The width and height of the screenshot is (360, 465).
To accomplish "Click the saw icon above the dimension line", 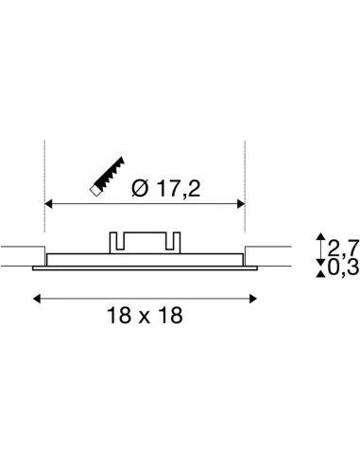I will click(110, 177).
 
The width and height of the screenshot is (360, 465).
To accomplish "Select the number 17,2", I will click(178, 188).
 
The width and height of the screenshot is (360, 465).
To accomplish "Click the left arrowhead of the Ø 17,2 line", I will click(50, 202).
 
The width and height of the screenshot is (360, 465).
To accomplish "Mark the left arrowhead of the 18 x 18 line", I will click(38, 298).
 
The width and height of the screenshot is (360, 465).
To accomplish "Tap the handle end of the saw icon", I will click(95, 192).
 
